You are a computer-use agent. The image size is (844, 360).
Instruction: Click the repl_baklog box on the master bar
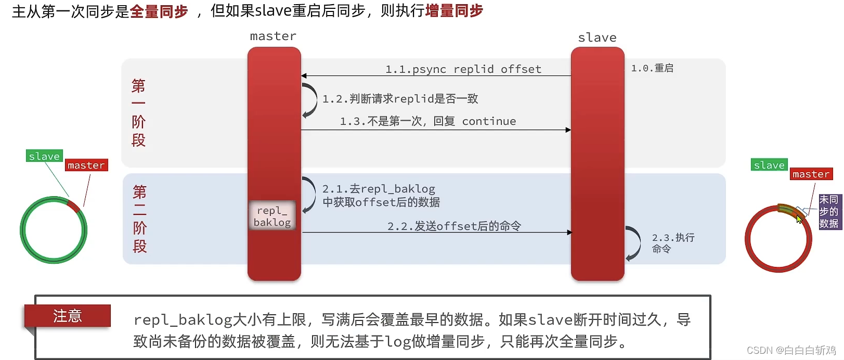pos(272,216)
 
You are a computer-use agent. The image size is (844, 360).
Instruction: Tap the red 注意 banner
pos(68,316)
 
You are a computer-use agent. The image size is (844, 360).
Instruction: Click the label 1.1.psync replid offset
pos(463,69)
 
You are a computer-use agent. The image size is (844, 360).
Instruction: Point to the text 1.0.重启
pos(652,68)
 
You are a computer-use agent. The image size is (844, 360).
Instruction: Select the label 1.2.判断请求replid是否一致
pos(400,99)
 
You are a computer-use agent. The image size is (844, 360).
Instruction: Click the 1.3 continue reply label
pos(427,121)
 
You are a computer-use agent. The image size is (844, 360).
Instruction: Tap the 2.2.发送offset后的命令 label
pos(454,226)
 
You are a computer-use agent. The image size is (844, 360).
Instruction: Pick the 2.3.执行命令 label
pos(673,243)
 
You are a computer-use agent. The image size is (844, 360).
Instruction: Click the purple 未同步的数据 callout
pos(828,212)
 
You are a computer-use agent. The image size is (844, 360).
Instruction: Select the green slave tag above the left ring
pos(44,156)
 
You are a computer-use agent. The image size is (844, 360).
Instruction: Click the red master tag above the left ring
pos(86,165)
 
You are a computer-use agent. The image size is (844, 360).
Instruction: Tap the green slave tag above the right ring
pos(769,165)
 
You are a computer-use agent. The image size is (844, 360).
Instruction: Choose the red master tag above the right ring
pos(811,174)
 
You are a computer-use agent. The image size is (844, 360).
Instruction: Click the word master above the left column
pos(273,36)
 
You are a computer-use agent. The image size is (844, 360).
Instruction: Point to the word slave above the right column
pos(597,37)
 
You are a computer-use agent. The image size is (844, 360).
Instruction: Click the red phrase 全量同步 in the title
pos(159,11)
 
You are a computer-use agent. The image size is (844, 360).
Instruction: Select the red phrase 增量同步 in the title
pos(454,11)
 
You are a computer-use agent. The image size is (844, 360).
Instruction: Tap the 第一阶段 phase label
pos(138,113)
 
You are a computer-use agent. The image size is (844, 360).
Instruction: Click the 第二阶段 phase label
pos(139,218)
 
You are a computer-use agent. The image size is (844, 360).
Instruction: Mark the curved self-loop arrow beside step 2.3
pos(633,243)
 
